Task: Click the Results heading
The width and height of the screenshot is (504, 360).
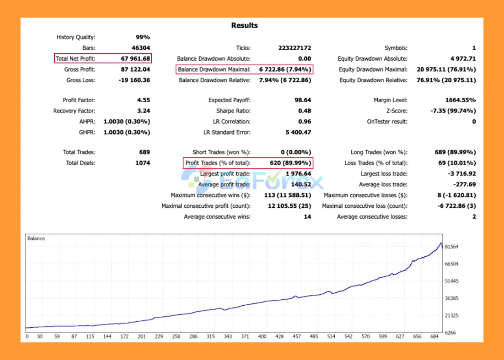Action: point(244,26)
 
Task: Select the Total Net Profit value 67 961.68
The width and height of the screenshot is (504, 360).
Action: point(135,59)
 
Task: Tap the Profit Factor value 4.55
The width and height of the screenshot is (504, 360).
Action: point(143,100)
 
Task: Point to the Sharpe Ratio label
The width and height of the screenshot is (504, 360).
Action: point(233,111)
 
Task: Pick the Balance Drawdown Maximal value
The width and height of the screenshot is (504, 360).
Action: point(285,70)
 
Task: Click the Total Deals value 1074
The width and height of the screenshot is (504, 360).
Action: point(142,163)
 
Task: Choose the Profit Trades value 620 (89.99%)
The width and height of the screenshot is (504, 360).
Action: point(290,163)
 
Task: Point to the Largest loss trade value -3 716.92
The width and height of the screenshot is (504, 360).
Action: point(461,174)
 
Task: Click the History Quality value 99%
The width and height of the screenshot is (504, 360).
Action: point(143,37)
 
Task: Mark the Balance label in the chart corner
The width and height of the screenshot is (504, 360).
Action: point(36,238)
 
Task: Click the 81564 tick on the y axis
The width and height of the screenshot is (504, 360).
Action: point(451,247)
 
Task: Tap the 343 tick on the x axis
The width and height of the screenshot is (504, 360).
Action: point(228,337)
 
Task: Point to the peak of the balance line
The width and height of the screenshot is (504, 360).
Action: point(441,243)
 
